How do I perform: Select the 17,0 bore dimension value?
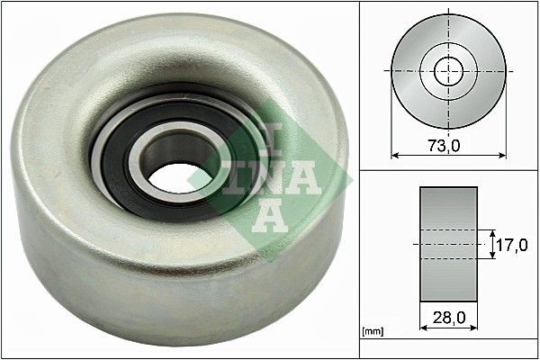tap(512, 243)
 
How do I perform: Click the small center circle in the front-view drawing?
tap(448, 70)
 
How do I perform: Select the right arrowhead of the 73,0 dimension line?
tap(502, 156)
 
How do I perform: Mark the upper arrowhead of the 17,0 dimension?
tap(491, 230)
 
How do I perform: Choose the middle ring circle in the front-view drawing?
tap(469, 70)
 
